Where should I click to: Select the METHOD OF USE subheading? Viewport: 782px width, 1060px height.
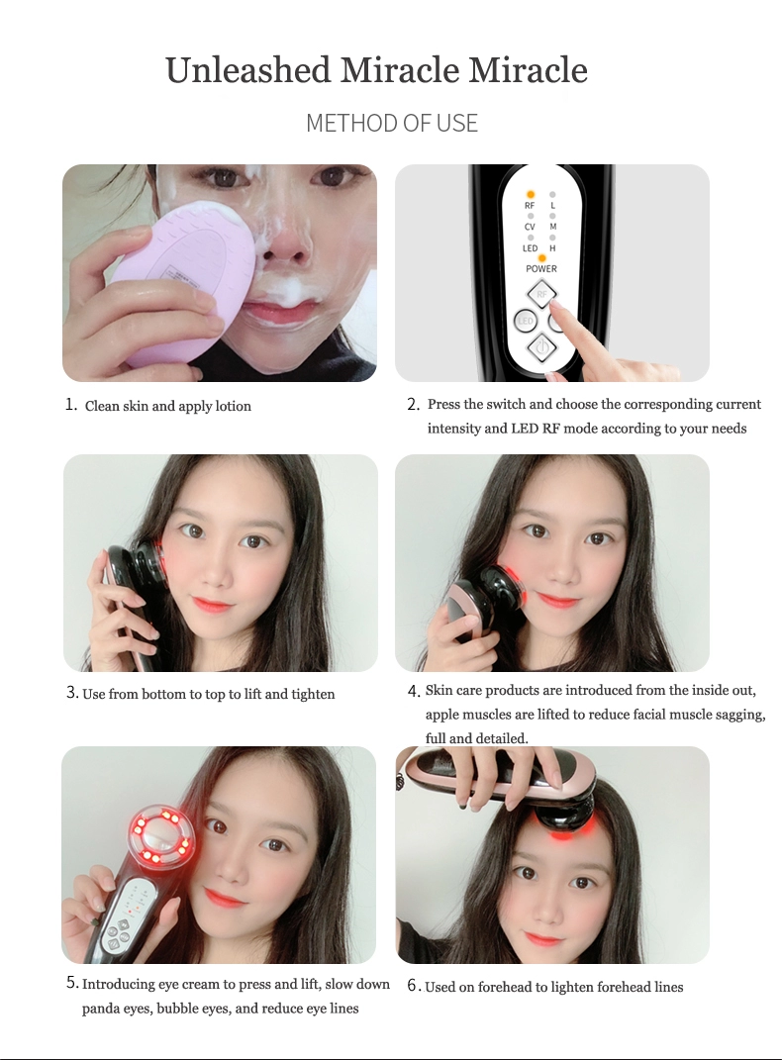tap(392, 123)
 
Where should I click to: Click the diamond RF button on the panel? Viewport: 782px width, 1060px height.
tap(542, 294)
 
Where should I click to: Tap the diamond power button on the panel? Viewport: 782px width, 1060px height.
tap(540, 348)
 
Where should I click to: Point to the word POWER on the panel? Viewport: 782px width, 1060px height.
tap(541, 268)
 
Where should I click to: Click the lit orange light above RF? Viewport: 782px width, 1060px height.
tap(531, 195)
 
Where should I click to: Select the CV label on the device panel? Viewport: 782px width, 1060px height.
tap(530, 228)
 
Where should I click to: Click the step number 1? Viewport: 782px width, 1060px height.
tap(71, 404)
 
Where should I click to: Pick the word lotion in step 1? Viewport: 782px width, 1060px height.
tap(233, 406)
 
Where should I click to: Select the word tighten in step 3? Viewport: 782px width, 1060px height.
tap(313, 694)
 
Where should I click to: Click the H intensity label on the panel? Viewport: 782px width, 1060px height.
tap(552, 248)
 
